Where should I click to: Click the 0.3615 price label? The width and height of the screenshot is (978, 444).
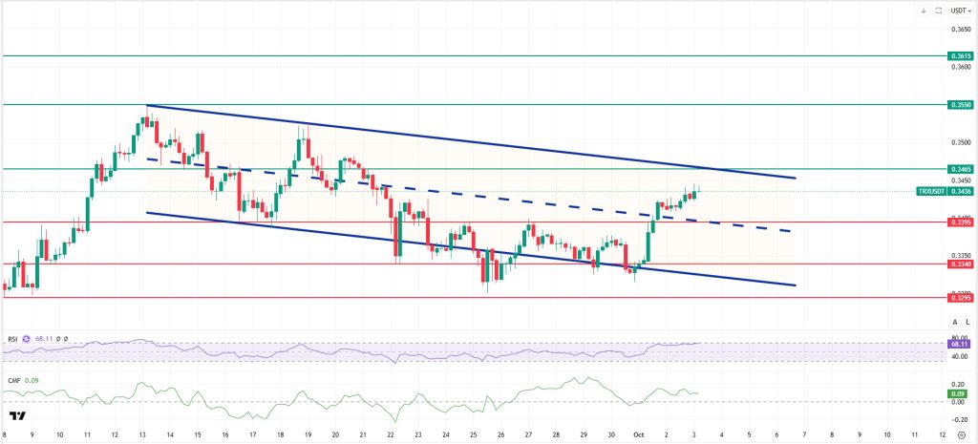click(960, 56)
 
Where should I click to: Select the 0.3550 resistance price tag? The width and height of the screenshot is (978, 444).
click(960, 103)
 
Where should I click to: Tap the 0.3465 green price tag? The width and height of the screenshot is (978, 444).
click(960, 168)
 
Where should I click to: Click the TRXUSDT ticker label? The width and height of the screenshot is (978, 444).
click(932, 191)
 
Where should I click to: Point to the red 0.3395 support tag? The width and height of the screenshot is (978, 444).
click(960, 222)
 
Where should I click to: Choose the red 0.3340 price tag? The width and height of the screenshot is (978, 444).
click(960, 264)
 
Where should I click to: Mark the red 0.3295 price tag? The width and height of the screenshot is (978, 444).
click(960, 297)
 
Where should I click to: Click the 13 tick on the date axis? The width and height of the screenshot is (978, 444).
click(142, 433)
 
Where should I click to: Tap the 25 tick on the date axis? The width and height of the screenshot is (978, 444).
click(473, 433)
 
